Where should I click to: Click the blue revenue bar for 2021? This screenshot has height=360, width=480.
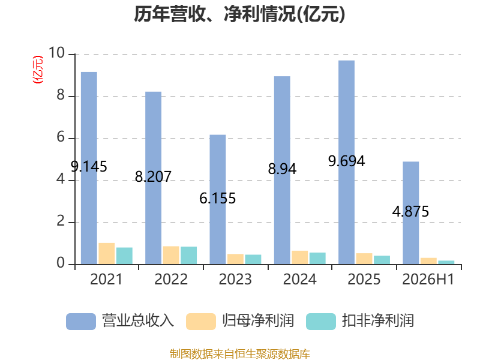pos(89,168)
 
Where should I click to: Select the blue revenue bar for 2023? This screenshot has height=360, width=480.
pos(218,200)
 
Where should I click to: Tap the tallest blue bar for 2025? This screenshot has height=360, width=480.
pos(347,162)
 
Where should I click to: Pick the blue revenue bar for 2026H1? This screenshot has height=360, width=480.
pos(411,213)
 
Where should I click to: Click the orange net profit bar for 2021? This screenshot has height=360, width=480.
pos(107,253)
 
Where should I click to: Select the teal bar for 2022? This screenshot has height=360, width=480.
pos(188,256)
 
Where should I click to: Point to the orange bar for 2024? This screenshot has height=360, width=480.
pos(299,257)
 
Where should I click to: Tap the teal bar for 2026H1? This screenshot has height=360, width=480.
pos(446,262)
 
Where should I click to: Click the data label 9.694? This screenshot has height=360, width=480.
pos(347,161)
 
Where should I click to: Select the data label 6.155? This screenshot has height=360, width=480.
pos(218,199)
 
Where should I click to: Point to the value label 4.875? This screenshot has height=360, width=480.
pos(411,212)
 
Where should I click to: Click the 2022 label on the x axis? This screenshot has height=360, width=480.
pos(171,279)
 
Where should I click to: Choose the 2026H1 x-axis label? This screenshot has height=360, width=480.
pos(428,279)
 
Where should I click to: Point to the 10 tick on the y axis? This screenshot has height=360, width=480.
pos(57,53)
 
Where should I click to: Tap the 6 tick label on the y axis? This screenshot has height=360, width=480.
pos(61,137)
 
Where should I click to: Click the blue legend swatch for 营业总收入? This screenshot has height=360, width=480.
pos(81,322)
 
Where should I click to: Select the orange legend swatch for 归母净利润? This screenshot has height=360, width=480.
pos(201,322)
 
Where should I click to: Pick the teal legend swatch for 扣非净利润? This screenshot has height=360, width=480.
pos(321,322)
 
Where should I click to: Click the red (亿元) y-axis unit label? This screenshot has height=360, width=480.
pos(38,70)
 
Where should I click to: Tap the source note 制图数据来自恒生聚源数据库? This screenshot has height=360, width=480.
pos(240,354)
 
